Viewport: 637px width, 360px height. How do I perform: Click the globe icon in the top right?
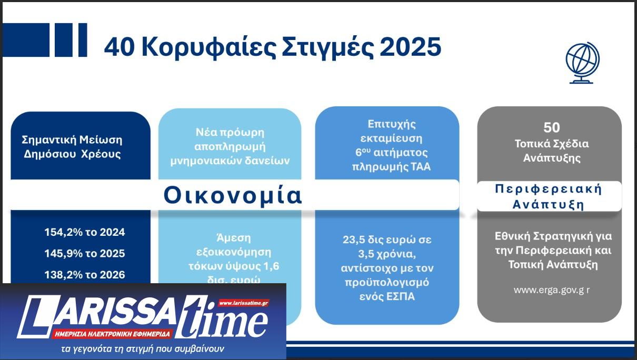[x=582, y=63]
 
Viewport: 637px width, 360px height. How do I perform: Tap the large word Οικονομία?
[x=233, y=195]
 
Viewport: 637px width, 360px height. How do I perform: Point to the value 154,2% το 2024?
[x=85, y=232]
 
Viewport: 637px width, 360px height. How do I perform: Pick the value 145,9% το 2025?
[x=85, y=254]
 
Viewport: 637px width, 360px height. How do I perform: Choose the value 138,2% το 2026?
[x=85, y=275]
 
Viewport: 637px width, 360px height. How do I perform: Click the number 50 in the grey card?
[x=551, y=127]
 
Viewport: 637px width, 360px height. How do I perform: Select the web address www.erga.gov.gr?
[x=551, y=290]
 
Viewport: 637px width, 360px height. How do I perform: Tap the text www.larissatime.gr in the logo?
[x=244, y=303]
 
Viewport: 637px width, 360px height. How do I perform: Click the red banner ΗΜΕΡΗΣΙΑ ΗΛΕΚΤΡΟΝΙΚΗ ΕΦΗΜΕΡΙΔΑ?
[x=112, y=334]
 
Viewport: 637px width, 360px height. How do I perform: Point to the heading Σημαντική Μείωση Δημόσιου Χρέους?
[x=72, y=147]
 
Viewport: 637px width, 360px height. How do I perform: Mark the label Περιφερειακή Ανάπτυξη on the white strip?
[x=548, y=197]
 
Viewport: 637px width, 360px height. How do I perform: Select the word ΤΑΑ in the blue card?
[x=417, y=167]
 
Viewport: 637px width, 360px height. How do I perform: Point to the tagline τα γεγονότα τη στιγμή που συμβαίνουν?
[x=142, y=348]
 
